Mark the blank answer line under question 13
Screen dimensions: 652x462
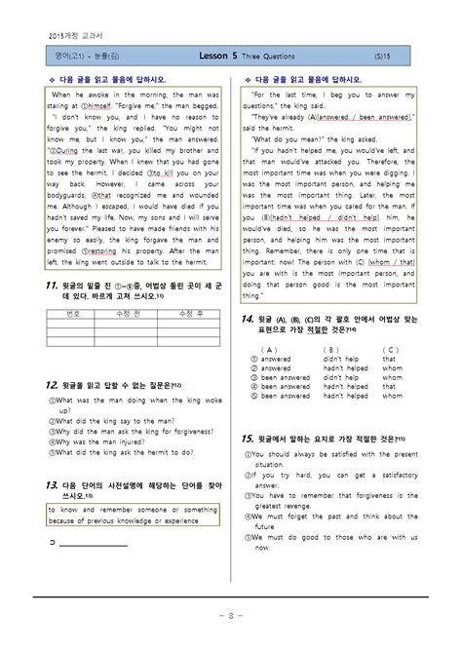pyautogui.click(x=93, y=546)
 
